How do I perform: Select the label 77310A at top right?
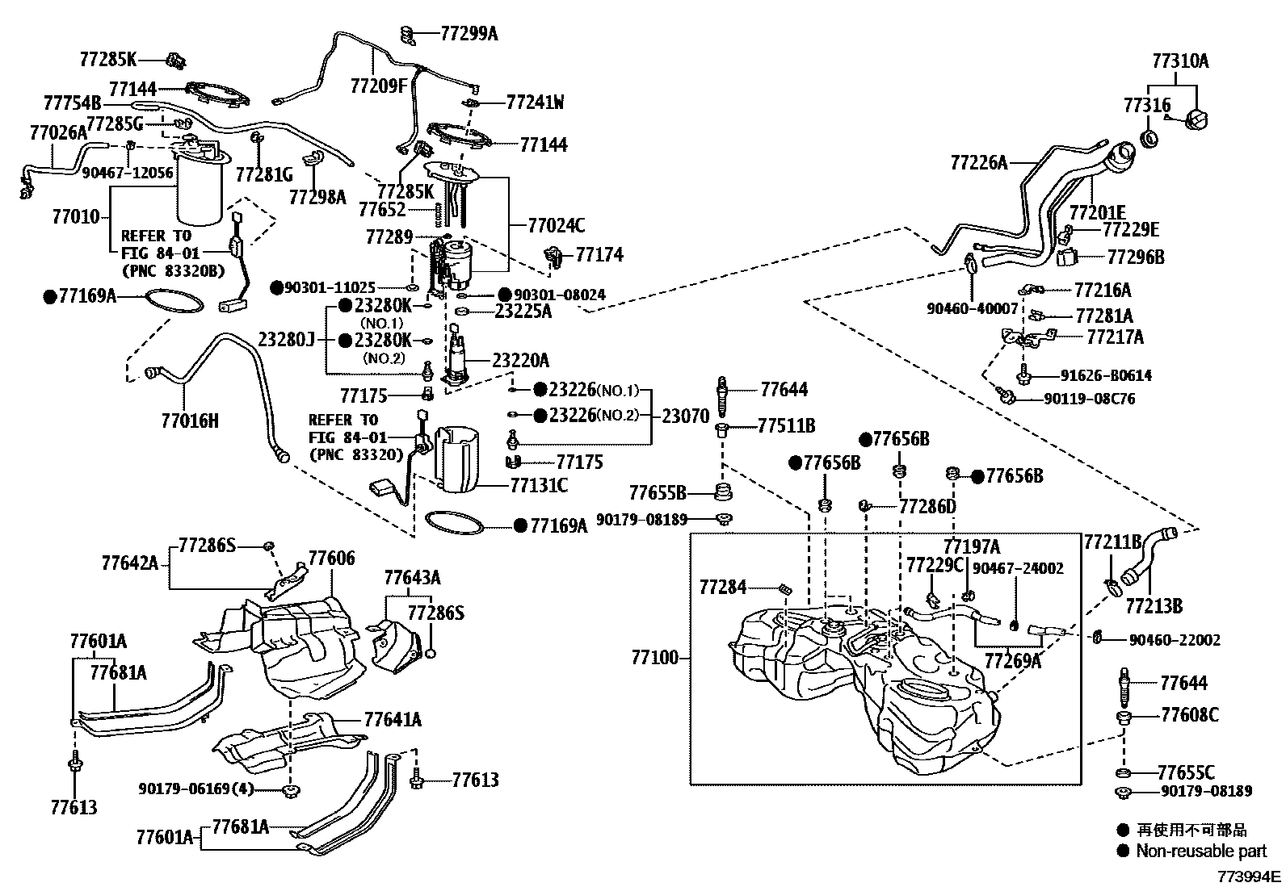(x=1180, y=61)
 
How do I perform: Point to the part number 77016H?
(x=190, y=420)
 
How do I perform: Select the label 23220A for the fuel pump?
(x=521, y=360)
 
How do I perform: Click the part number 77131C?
(x=539, y=484)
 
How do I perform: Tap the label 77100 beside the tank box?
(x=655, y=659)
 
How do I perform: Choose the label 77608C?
(x=1189, y=715)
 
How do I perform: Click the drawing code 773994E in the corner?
(x=1250, y=876)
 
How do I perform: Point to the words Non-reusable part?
(x=1201, y=851)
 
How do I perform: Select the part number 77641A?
(x=393, y=719)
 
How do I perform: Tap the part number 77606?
(x=331, y=559)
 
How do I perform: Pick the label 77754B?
(x=72, y=103)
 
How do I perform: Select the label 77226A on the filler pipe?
(x=979, y=163)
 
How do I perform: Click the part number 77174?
(x=599, y=255)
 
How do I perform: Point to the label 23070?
(x=686, y=416)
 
